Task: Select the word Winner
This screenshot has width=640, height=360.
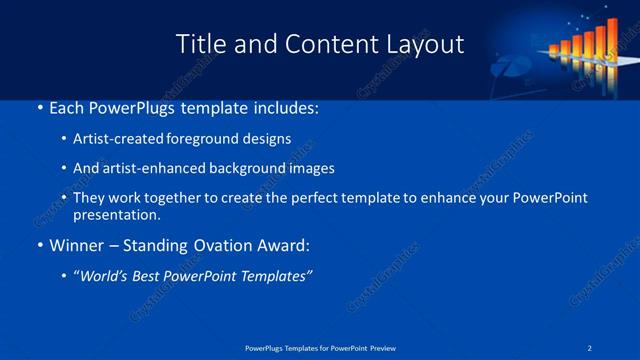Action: click(78, 245)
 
